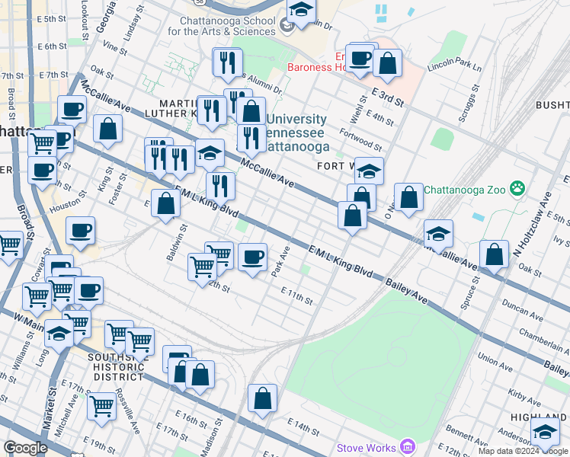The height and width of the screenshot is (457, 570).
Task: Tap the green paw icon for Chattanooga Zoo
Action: pos(517,187)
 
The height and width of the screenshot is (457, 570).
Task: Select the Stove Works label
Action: pos(369,448)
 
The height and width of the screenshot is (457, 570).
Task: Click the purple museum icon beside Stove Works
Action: pos(408,446)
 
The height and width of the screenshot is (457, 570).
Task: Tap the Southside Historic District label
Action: pos(116,366)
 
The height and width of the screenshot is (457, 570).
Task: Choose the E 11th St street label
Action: pos(296,296)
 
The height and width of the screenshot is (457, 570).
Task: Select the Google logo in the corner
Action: pos(25,448)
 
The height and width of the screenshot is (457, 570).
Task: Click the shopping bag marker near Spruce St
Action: pos(495,256)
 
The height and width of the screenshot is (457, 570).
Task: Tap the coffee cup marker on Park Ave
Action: pos(252,257)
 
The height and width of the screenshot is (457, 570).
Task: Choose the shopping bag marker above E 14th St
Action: pos(262,398)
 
